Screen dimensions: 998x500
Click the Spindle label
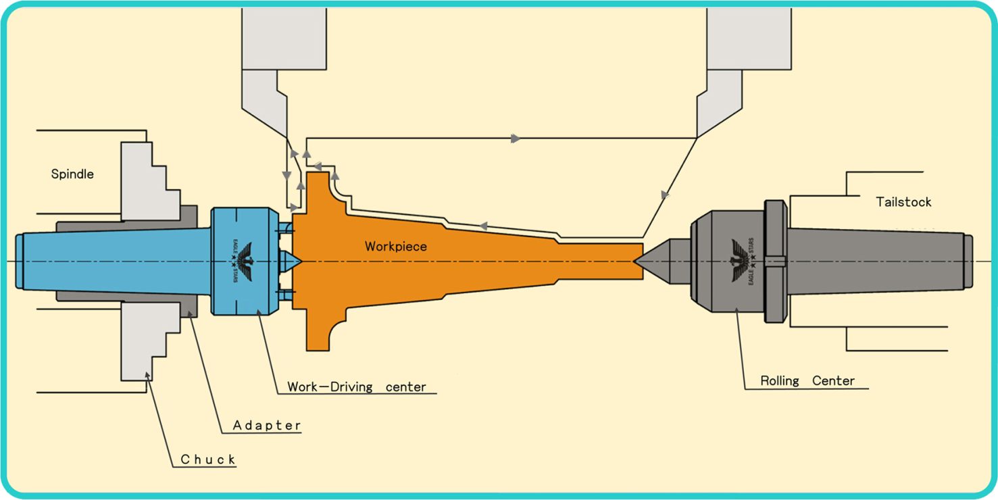72,174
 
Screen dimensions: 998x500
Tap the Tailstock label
903,202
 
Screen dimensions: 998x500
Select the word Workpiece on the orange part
396,247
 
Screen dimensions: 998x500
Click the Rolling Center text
807,380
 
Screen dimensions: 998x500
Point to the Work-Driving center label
357,386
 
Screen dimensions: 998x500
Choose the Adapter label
267,425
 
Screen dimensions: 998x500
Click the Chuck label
208,459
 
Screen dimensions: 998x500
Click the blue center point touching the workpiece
290,261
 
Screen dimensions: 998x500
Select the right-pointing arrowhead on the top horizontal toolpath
516,138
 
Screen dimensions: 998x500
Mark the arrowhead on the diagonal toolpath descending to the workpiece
665,195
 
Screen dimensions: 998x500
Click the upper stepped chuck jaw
151,181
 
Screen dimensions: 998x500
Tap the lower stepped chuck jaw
151,341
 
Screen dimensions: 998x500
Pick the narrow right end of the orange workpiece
601,261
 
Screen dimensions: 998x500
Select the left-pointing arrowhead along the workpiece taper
483,226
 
